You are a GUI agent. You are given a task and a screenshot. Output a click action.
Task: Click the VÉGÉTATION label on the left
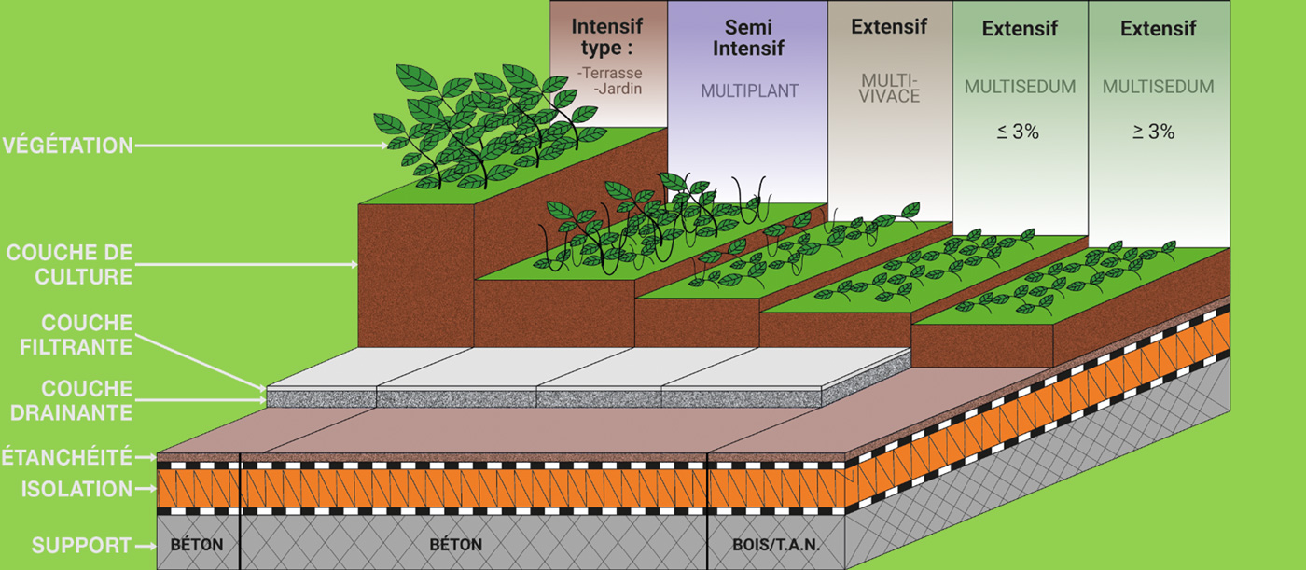[x=67, y=146]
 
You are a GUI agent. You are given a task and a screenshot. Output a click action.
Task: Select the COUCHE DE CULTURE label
[x=69, y=265]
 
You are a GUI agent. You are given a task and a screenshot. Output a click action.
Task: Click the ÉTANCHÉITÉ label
[x=66, y=458]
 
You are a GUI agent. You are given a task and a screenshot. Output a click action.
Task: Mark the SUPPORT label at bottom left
[x=78, y=546]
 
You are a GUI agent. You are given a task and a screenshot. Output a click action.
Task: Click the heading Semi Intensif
[x=748, y=37]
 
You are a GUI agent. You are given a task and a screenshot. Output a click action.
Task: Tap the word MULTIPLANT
[x=749, y=91]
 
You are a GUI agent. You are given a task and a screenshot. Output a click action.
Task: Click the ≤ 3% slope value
[x=1019, y=132]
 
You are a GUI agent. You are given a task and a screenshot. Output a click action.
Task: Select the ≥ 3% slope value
[x=1154, y=132]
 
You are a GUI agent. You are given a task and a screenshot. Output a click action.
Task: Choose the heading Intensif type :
[x=607, y=35]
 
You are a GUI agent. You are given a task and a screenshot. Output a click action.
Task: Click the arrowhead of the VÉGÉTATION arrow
[x=387, y=146]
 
